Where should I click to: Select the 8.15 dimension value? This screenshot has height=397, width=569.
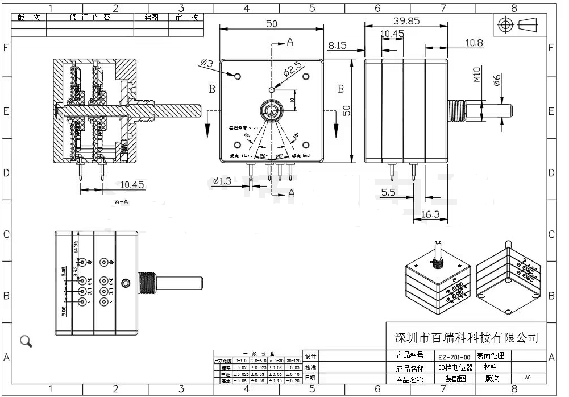tap(337, 45)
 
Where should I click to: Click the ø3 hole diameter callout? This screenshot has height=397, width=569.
tap(206, 64)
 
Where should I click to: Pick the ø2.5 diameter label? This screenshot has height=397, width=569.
tap(292, 71)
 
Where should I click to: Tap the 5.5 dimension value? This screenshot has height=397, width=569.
tap(388, 193)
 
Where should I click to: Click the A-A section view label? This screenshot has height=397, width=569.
tap(121, 202)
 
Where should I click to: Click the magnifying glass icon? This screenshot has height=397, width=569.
tap(26, 341)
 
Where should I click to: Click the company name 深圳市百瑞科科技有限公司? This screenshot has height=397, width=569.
tap(466, 337)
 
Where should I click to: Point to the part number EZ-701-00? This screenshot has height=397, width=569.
tap(454, 357)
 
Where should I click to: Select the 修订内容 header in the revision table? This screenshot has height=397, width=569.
tap(90, 18)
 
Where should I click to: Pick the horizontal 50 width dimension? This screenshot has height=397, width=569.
tap(271, 23)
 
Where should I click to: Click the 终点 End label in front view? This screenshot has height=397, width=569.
tap(300, 155)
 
